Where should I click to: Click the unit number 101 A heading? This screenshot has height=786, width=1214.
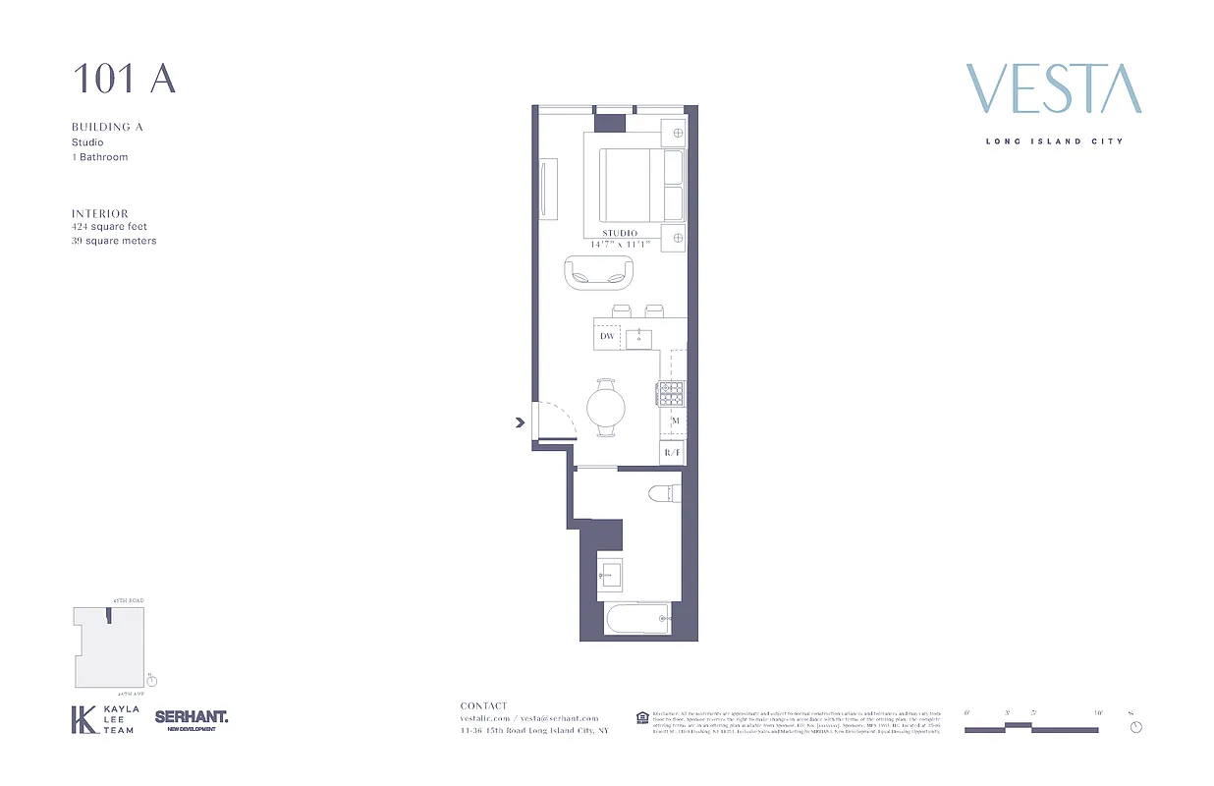124,80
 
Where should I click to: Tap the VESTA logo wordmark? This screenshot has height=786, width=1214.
1054,89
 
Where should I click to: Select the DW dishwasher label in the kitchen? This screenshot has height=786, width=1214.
607,337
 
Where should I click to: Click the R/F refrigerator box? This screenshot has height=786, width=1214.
672,453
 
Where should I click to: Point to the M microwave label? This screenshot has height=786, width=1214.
675,421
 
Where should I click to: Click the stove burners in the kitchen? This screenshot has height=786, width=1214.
672,394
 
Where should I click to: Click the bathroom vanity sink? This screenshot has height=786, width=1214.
610,573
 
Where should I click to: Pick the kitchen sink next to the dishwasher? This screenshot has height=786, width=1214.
639,339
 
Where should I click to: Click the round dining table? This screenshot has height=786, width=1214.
605,406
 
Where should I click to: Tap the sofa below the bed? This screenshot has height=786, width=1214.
599,274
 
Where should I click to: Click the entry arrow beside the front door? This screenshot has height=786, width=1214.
519,423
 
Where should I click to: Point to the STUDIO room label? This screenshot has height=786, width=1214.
620,233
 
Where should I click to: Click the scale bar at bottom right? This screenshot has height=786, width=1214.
1031,728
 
